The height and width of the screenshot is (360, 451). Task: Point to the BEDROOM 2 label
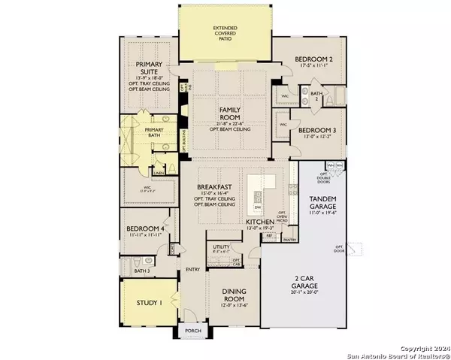click(315, 59)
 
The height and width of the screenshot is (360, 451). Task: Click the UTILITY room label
click(221, 246)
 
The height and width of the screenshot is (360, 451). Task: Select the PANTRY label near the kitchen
click(290, 240)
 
